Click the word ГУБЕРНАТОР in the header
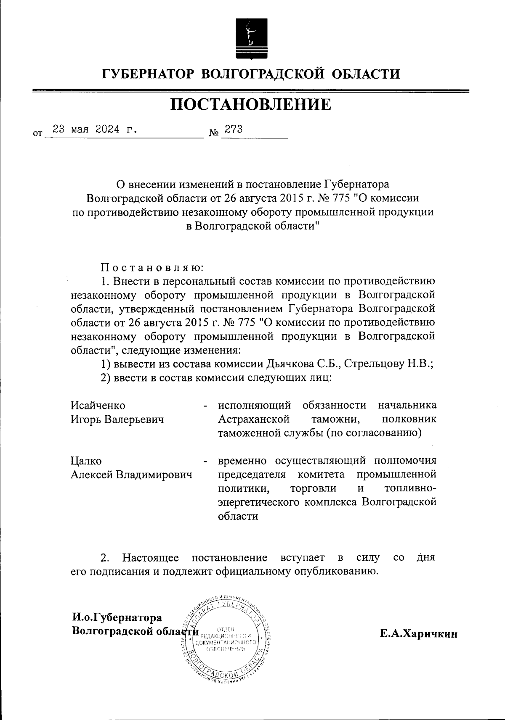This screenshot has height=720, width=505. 148,75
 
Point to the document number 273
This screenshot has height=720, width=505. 234,129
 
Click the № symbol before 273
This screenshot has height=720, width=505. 214,133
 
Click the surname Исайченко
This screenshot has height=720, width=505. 98,406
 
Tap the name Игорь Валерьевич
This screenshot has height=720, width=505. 117,419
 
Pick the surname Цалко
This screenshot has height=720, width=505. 86,461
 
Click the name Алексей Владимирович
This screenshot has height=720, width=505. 131,475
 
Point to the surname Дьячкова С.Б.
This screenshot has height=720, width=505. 303,364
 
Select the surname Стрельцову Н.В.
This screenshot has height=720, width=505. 389,364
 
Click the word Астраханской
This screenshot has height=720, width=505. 254,419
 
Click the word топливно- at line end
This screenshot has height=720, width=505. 410,489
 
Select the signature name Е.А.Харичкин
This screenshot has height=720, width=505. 418,634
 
